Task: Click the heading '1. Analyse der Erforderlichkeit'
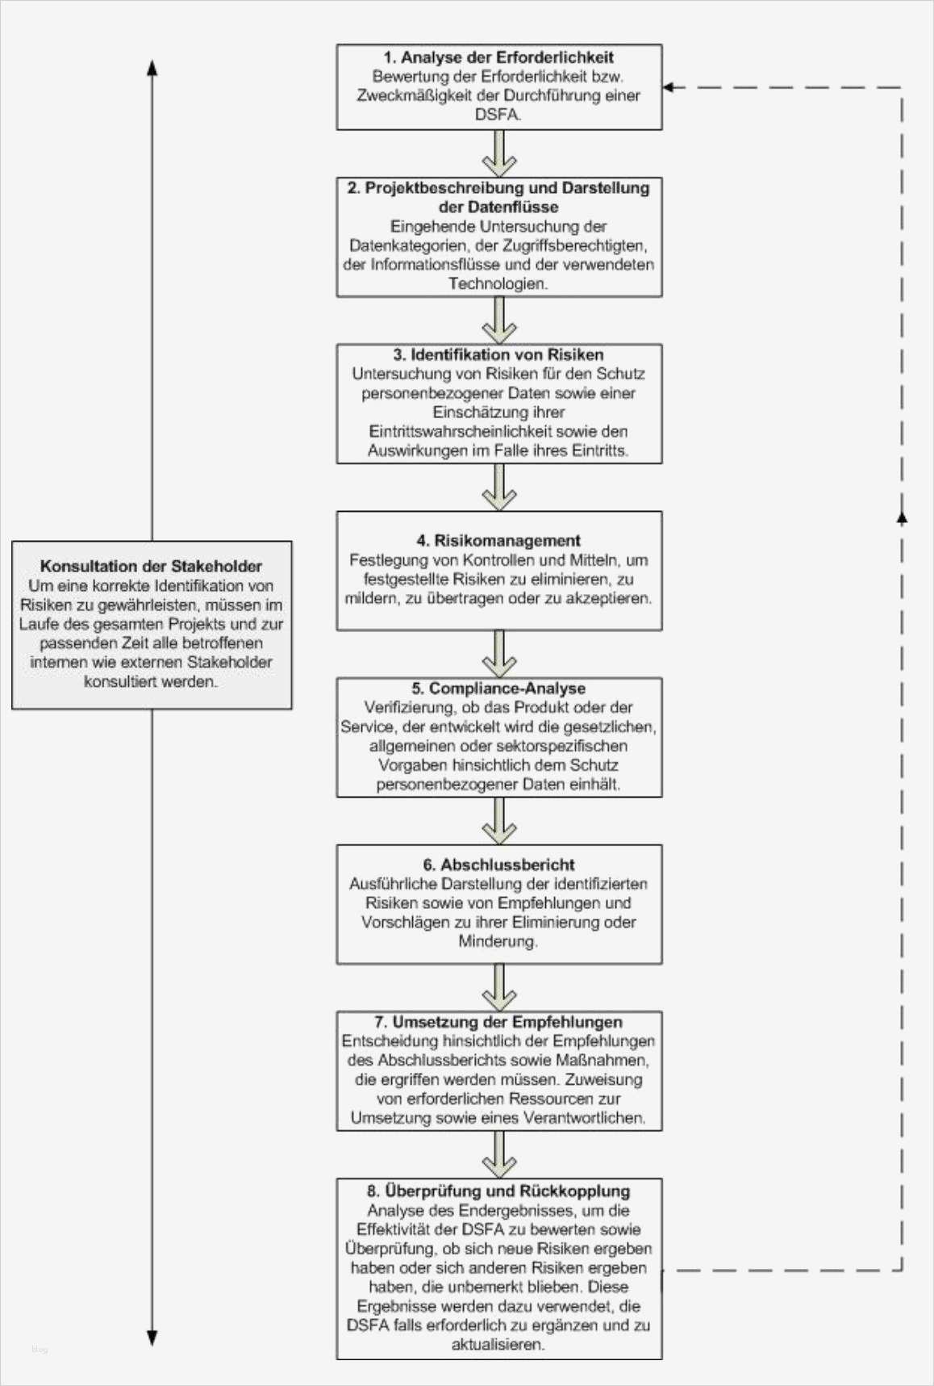(x=498, y=57)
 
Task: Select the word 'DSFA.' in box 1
(x=498, y=115)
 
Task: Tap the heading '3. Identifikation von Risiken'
(x=498, y=354)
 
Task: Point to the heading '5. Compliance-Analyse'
(x=498, y=688)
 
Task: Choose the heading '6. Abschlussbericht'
(x=498, y=865)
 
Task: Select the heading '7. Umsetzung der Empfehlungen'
(x=498, y=1022)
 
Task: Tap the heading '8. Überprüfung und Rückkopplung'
(x=498, y=1191)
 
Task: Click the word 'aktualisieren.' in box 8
(x=498, y=1344)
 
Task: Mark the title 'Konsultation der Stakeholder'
(x=151, y=566)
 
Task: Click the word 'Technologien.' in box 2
(x=498, y=283)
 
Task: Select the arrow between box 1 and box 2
(x=499, y=153)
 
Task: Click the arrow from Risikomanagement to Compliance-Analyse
(x=499, y=654)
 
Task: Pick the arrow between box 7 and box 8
(x=499, y=1154)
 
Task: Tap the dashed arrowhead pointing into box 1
(x=669, y=87)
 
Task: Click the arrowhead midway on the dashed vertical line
(x=902, y=517)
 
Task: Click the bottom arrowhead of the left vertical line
(x=152, y=1338)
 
